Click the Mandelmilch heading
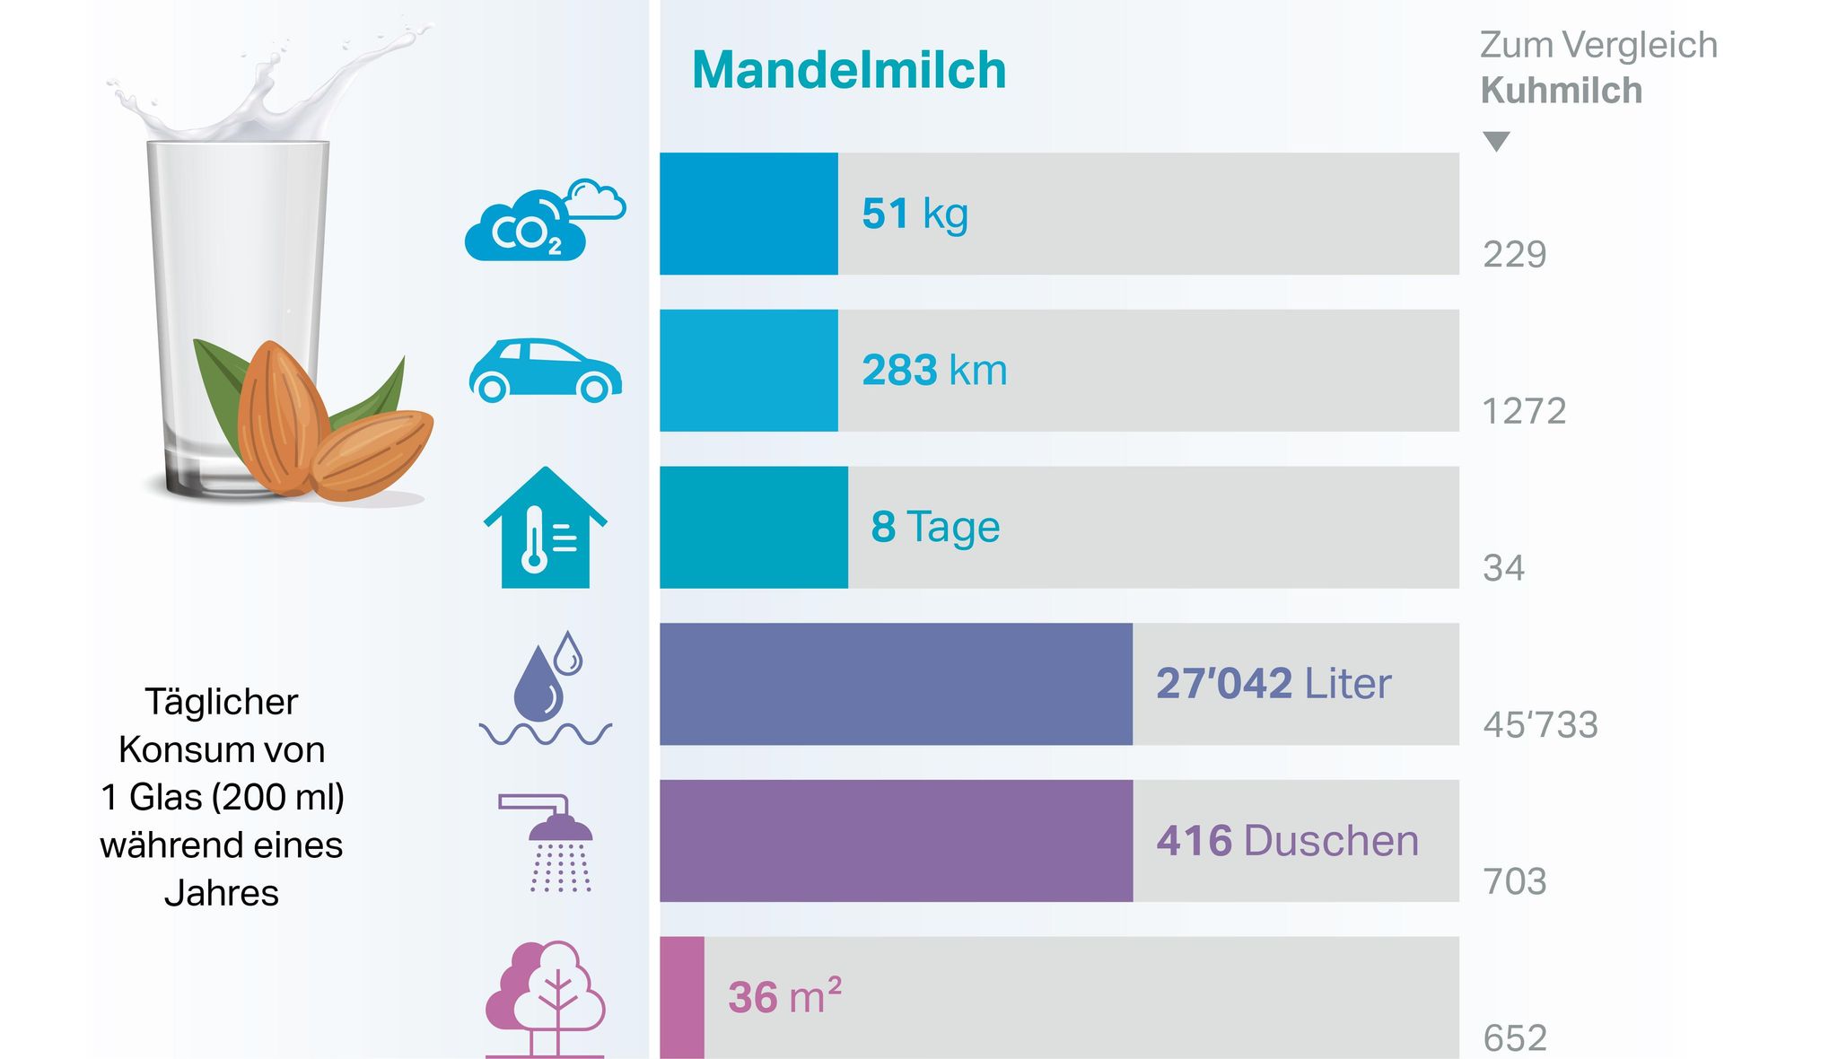849,70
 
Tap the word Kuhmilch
1561,91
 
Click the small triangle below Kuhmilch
1496,142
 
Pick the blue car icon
545,370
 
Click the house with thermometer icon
545,529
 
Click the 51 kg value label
915,214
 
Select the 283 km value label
934,371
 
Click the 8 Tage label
935,527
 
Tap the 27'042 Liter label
1273,684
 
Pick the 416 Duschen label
1287,841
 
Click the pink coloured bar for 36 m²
682,997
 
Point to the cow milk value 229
1514,255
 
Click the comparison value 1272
1524,412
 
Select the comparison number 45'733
1540,725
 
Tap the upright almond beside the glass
277,417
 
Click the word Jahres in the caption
222,893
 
